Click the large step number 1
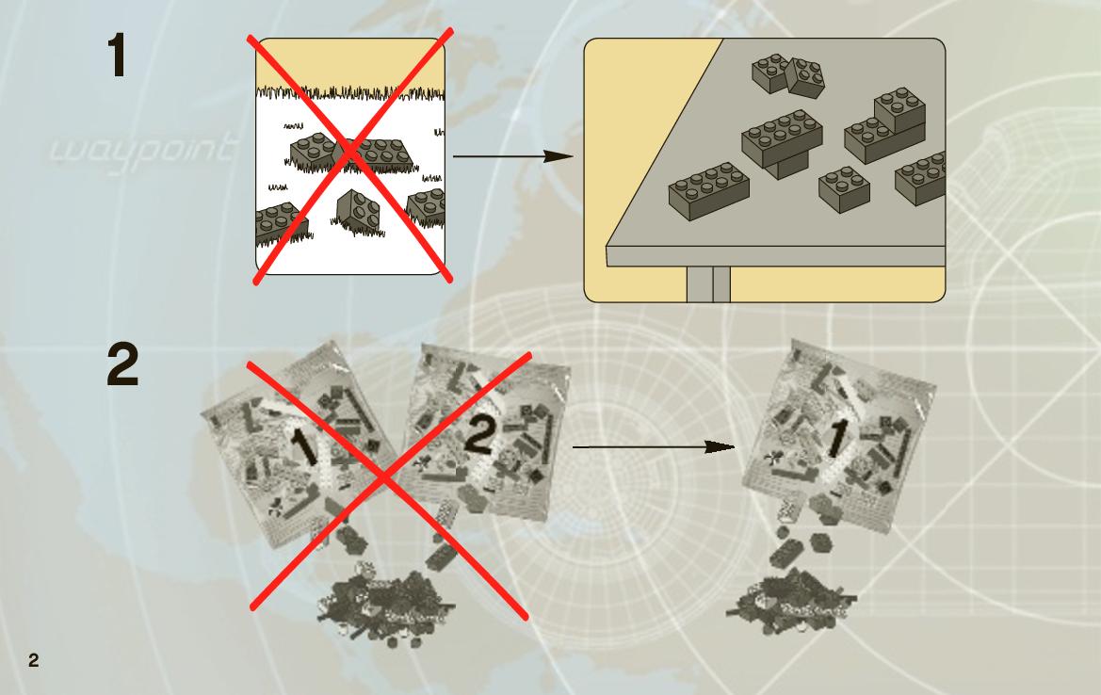(x=118, y=57)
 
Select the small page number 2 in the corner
(x=33, y=660)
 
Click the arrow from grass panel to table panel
(x=513, y=155)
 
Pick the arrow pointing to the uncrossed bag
(x=654, y=446)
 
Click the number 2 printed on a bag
(x=479, y=437)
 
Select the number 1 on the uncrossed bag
(x=835, y=439)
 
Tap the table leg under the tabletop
(x=708, y=284)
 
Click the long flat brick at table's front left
(x=709, y=191)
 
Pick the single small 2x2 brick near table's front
(x=845, y=189)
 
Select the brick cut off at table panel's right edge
(x=920, y=178)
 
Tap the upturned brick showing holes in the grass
(x=358, y=210)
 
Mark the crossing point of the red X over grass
(x=350, y=155)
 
